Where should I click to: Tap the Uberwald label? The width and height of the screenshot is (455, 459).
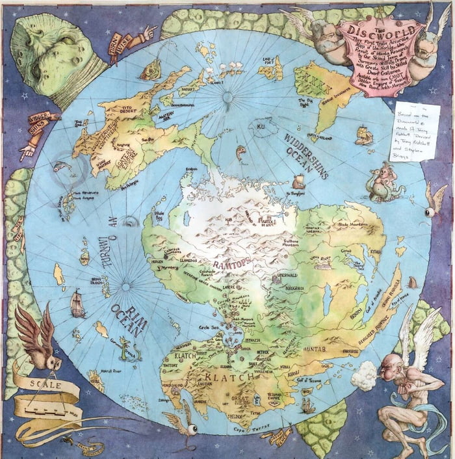tap(287, 275)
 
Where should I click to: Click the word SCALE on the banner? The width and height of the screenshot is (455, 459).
tap(45, 384)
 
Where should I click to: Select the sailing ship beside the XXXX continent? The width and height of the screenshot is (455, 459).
tap(364, 135)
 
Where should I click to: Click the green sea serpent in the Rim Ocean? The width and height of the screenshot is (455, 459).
tap(129, 351)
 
